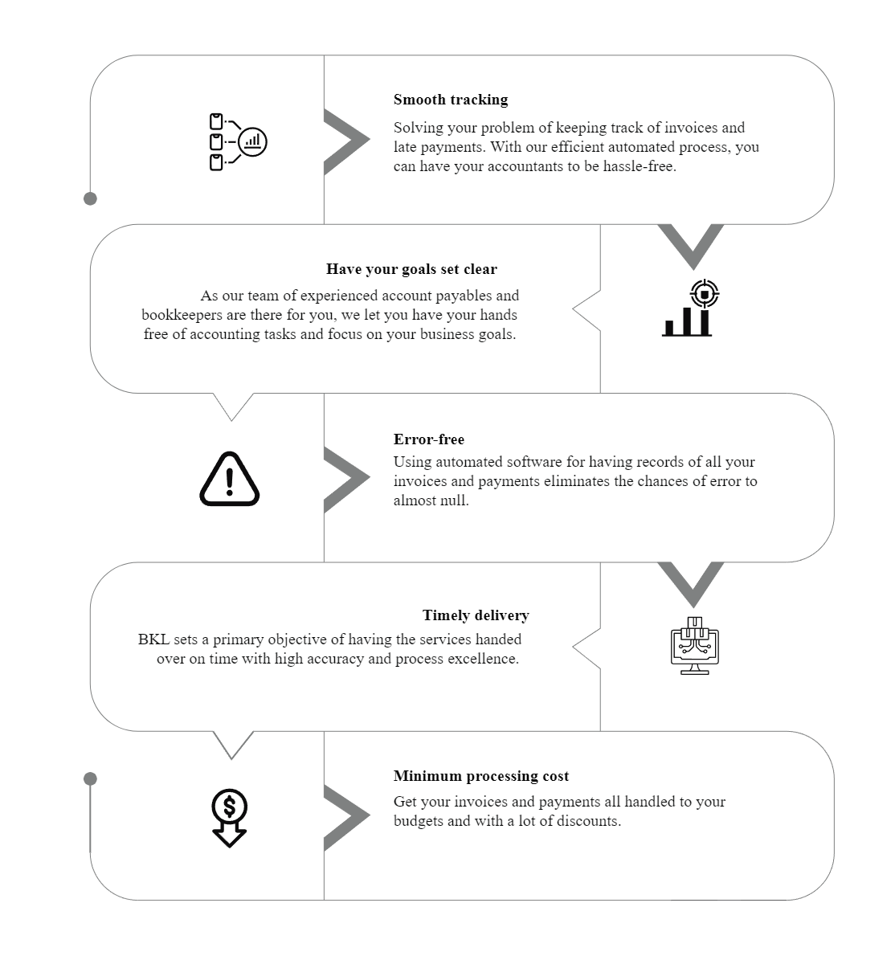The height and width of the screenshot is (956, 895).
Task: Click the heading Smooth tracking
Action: tap(451, 100)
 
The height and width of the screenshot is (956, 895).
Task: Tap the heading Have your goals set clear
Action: tap(411, 269)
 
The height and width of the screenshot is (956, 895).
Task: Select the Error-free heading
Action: tap(428, 439)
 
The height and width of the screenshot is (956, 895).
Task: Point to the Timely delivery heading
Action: tap(476, 615)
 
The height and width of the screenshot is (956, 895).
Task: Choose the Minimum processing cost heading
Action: tap(481, 775)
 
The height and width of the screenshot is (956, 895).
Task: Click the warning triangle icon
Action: tap(230, 480)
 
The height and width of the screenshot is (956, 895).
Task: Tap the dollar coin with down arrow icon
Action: tap(229, 818)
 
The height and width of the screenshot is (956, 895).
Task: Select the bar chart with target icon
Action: tap(690, 308)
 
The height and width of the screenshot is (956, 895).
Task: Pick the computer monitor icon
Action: tap(694, 646)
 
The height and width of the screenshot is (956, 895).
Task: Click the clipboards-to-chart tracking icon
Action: tap(238, 141)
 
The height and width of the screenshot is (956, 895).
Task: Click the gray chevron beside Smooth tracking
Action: tap(346, 141)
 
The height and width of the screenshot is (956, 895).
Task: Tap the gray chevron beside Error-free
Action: tap(346, 480)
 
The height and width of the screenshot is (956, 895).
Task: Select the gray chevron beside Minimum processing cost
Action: tap(346, 818)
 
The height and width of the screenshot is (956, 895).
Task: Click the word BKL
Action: tap(153, 639)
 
